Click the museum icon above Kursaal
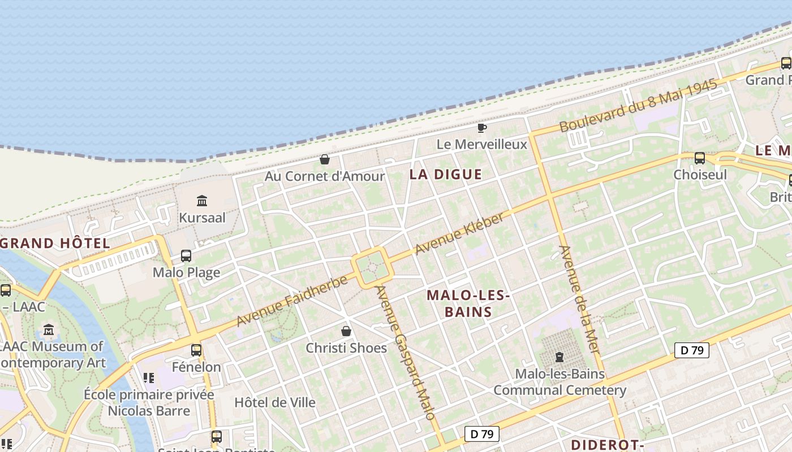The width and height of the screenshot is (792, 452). (202, 201)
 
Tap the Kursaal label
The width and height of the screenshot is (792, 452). (202, 218)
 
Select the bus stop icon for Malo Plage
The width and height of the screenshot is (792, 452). (186, 255)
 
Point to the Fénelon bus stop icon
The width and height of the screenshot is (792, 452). (196, 350)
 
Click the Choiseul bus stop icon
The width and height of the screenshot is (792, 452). (700, 158)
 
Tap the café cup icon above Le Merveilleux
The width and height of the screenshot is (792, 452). (481, 128)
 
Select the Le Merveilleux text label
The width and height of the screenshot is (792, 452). (481, 145)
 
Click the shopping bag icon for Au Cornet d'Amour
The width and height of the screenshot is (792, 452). (325, 159)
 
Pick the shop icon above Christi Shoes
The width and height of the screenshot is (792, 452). (346, 331)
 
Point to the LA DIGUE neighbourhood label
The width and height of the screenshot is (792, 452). (446, 175)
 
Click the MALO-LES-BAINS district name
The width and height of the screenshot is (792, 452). (468, 303)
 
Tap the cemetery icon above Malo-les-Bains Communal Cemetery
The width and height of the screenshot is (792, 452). (559, 357)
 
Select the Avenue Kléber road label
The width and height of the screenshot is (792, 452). (459, 233)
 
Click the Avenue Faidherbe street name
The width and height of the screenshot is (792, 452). (291, 301)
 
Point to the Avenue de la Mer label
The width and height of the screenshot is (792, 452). (579, 299)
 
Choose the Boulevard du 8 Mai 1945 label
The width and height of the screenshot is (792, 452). (638, 106)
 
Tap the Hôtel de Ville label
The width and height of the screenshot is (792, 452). (275, 403)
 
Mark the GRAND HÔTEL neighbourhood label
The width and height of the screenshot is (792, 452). (55, 244)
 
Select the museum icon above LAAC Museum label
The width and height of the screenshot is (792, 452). (49, 329)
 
